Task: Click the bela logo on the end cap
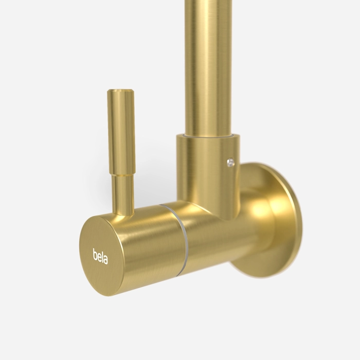click(x=100, y=256)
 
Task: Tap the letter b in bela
click(x=95, y=254)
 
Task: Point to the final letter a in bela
click(x=105, y=259)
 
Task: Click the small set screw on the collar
click(x=231, y=163)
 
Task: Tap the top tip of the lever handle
click(x=120, y=90)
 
